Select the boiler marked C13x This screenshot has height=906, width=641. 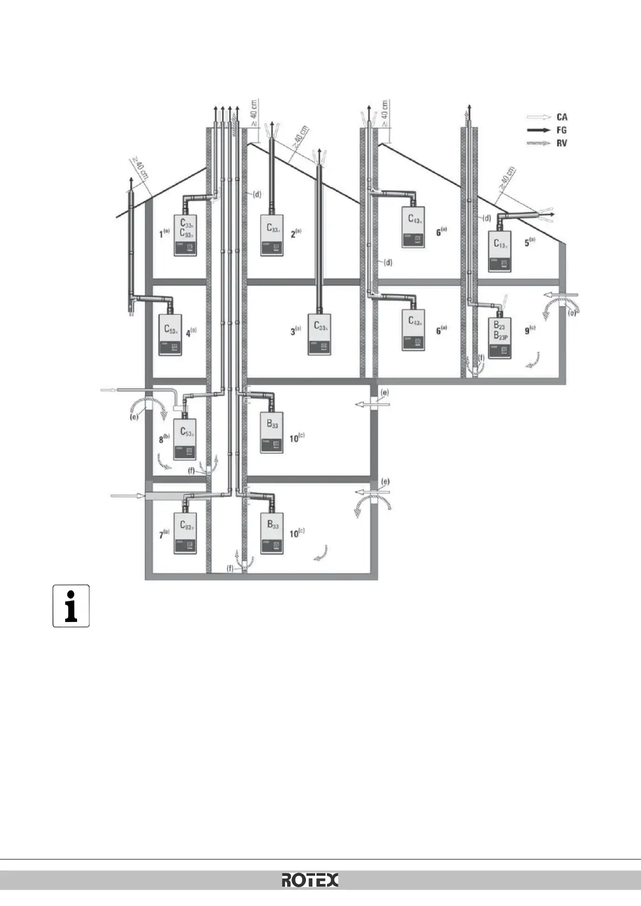click(x=500, y=251)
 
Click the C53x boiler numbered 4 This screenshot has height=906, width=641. click(x=172, y=335)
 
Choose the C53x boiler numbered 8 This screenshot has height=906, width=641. click(x=185, y=439)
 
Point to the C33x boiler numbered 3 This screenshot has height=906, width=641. click(x=319, y=334)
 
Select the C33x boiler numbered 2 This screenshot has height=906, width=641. click(x=273, y=235)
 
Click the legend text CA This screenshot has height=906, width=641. click(x=561, y=117)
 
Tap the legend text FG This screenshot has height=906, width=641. click(x=561, y=130)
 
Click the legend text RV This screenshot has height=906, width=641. click(x=561, y=144)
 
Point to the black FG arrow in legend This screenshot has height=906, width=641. click(x=539, y=130)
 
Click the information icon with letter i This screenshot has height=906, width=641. click(x=71, y=606)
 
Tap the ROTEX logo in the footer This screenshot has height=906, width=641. click(x=310, y=881)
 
